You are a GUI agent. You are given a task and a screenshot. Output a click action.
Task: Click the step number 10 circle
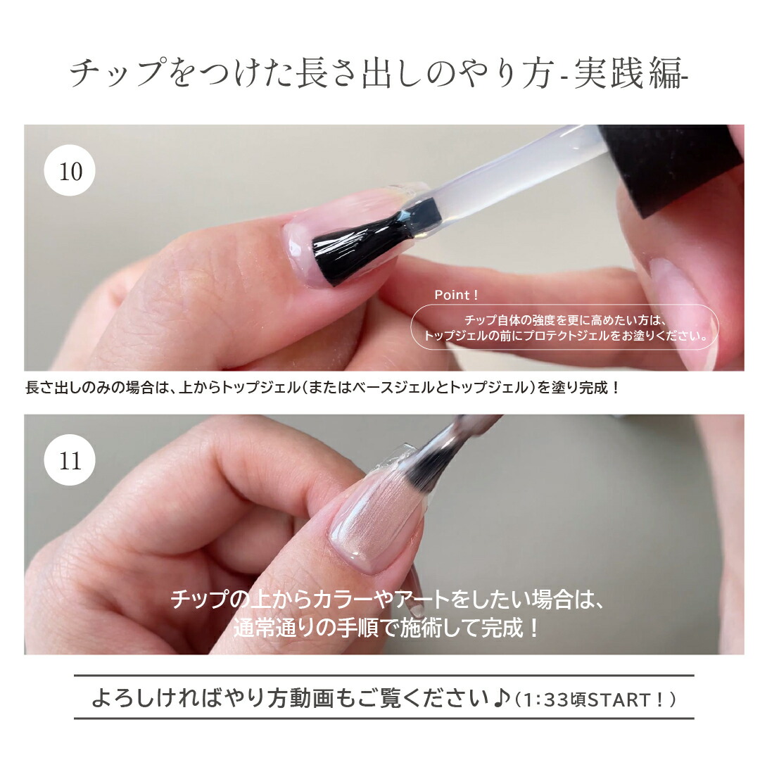pos(70,171)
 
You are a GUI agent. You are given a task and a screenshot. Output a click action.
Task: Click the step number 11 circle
pos(70,461)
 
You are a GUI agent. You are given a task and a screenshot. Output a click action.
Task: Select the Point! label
pos(456,295)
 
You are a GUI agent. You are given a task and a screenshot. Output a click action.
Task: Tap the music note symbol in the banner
pos(500,699)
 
